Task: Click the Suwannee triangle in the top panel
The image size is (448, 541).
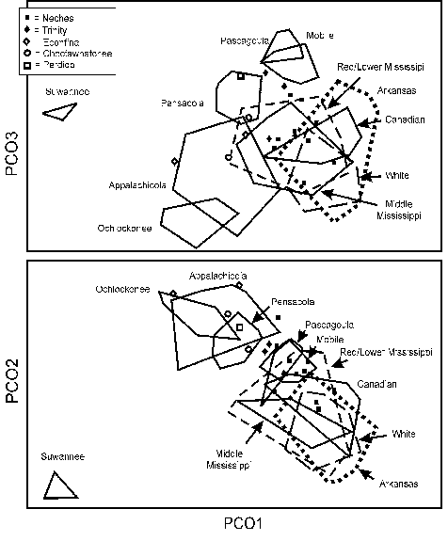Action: [x=59, y=111]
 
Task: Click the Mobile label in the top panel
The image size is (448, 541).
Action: [x=319, y=36]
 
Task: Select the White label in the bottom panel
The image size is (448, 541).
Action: [x=404, y=434]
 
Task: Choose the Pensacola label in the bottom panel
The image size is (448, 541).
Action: [x=293, y=303]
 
